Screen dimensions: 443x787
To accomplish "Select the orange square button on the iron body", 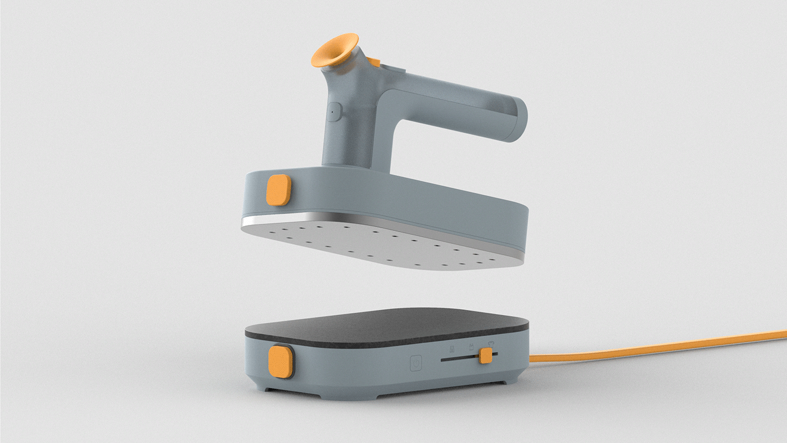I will pos(278,190).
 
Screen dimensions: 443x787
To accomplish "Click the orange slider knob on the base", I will pos(486,356).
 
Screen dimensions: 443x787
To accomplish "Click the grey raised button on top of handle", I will pos(395,70).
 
